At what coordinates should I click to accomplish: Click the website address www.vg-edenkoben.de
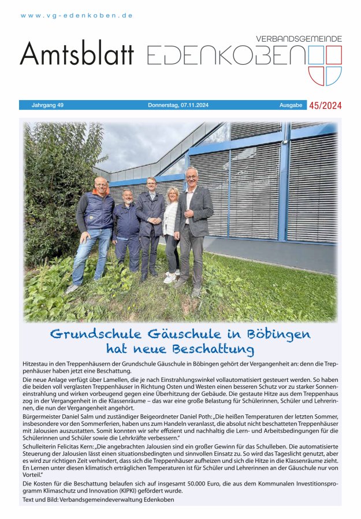pos(77,16)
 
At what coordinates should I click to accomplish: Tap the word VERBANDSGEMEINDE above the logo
pos(299,39)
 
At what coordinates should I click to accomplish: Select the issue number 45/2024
pos(326,105)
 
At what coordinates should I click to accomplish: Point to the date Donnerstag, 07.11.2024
pos(178,105)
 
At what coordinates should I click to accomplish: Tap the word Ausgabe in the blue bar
pos(291,105)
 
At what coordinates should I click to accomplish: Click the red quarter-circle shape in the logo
pos(316,76)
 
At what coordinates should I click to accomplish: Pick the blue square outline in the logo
pos(316,55)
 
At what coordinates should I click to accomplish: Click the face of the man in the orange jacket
pos(101,185)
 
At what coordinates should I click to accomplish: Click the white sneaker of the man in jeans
pos(72,288)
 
